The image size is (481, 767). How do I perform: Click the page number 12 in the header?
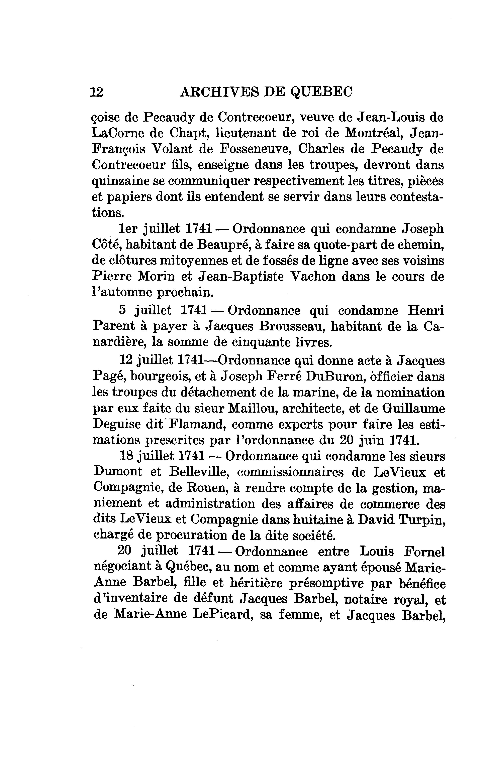[97, 92]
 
